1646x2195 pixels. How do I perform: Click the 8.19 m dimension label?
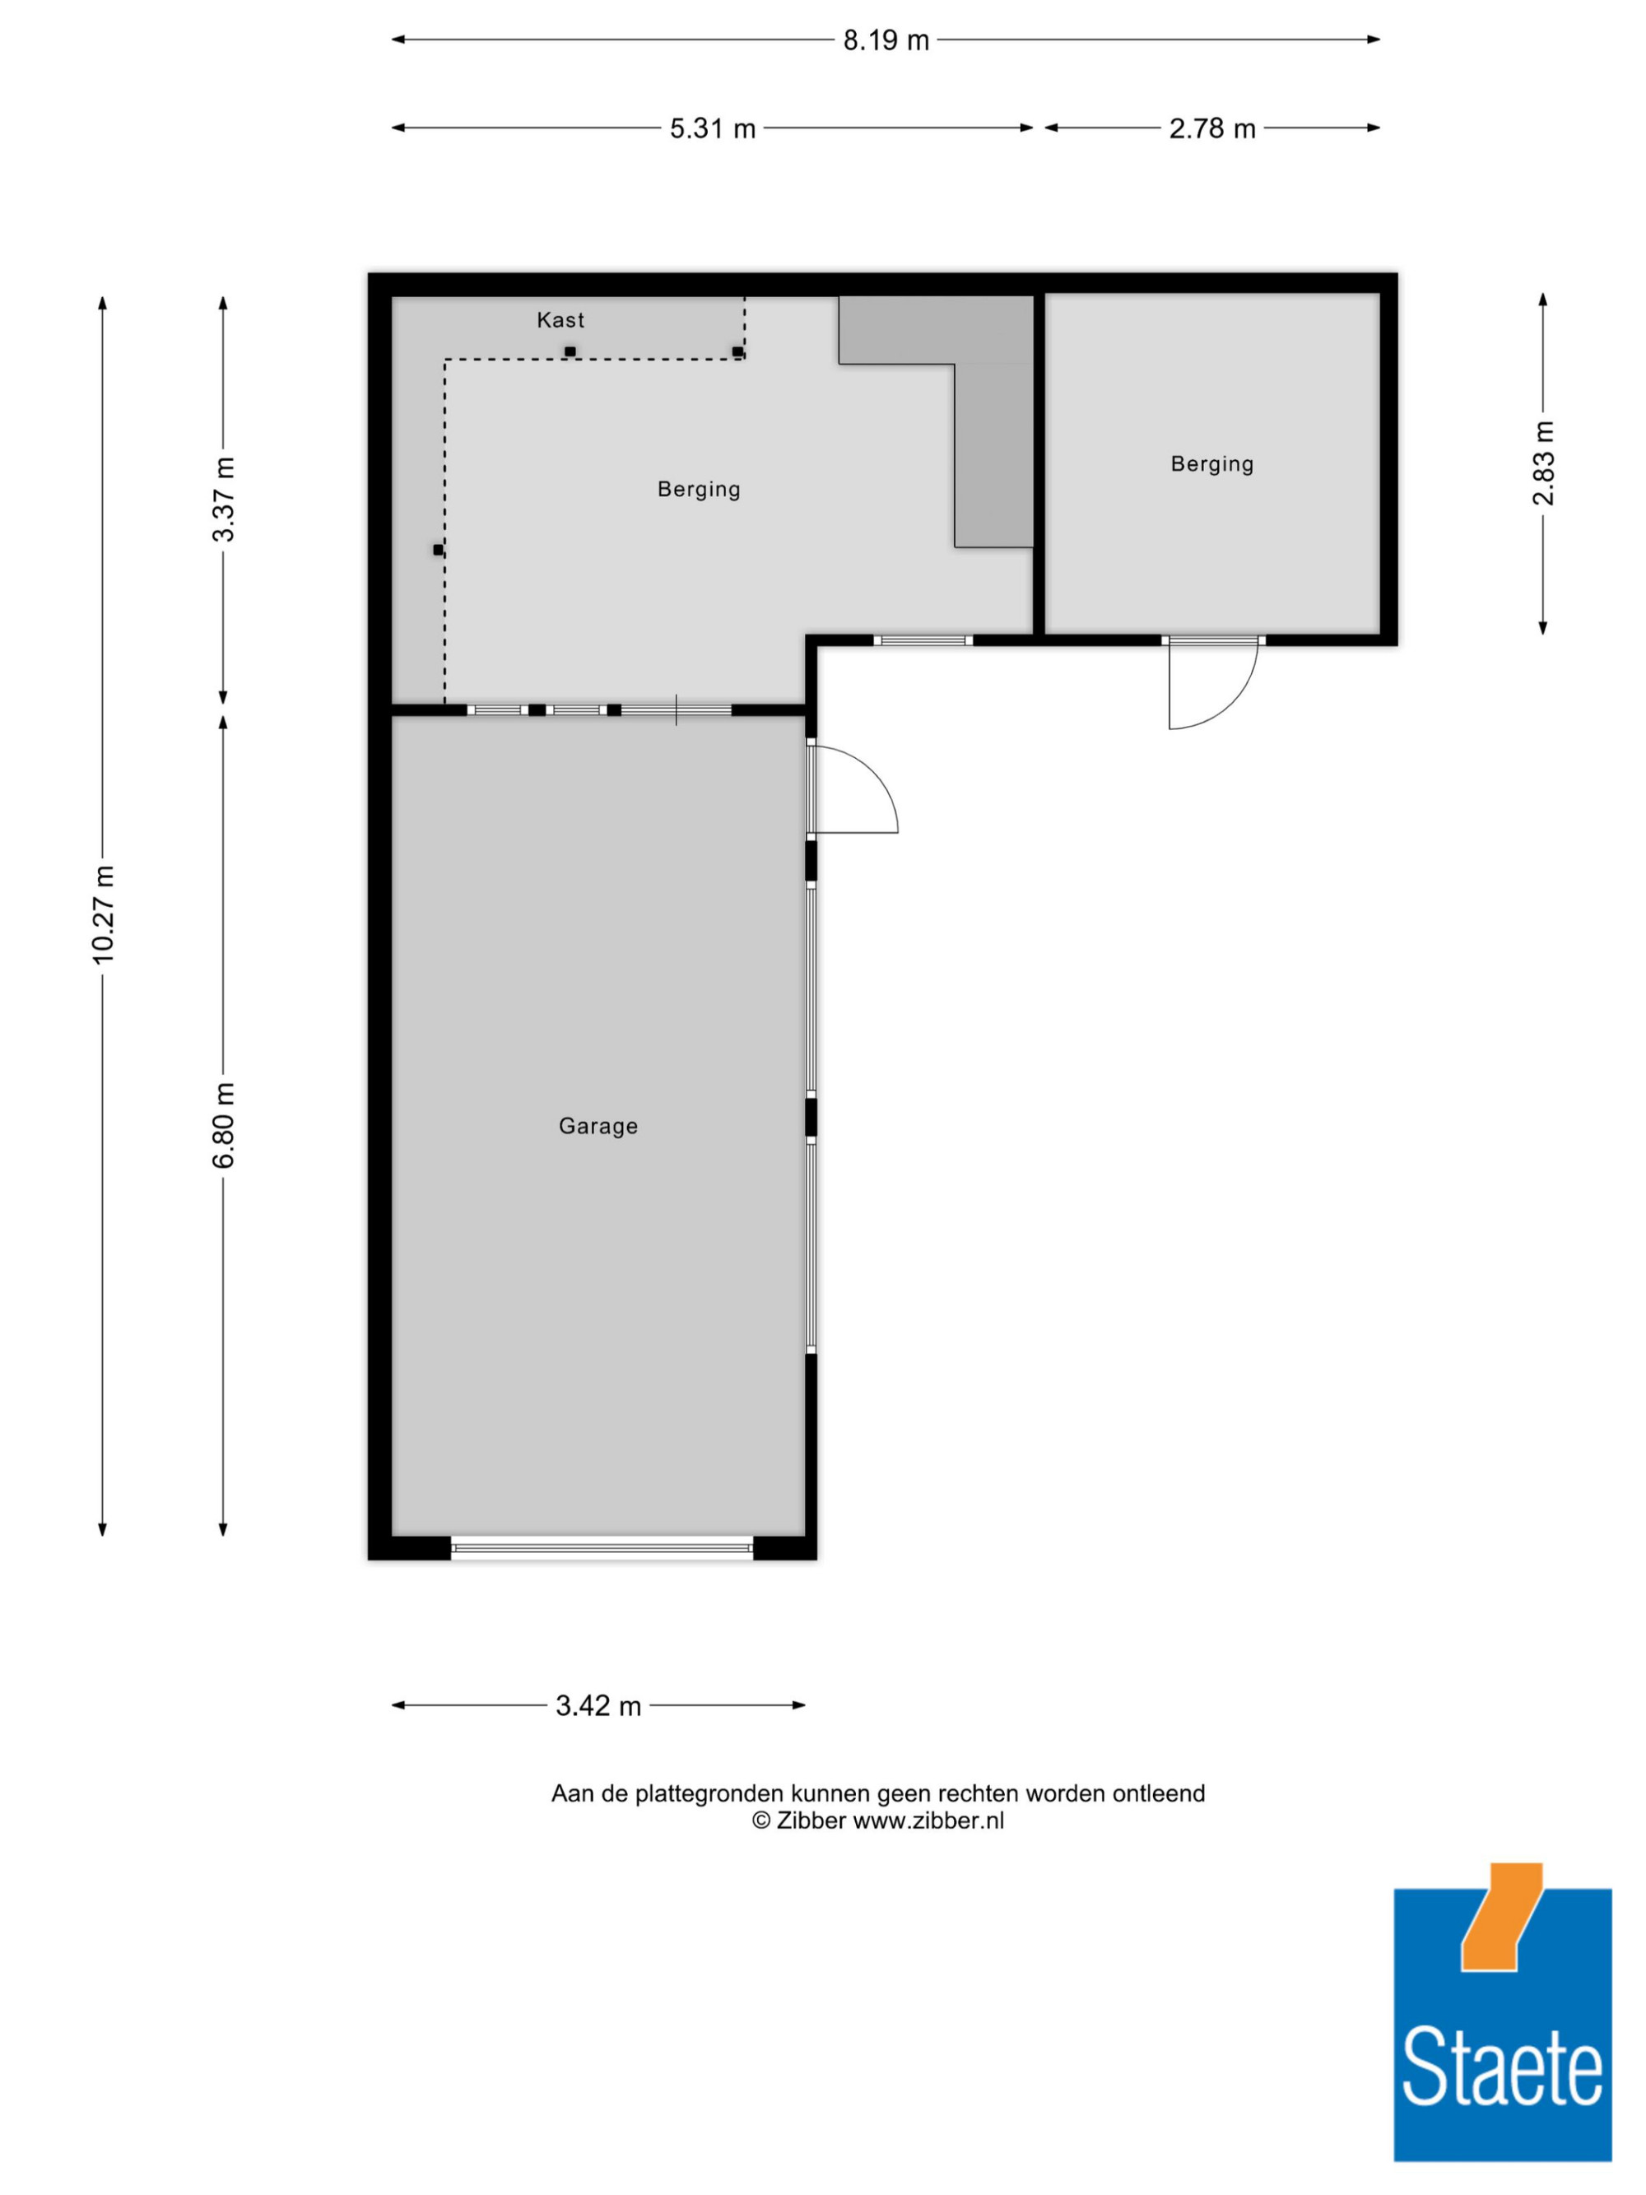[886, 40]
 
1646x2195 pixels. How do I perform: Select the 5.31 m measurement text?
[713, 129]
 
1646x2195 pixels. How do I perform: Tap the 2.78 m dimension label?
[1212, 129]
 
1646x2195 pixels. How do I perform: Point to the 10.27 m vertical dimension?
[103, 914]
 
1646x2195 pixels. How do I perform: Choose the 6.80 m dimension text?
[224, 1124]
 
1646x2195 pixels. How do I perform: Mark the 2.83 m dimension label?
[1544, 463]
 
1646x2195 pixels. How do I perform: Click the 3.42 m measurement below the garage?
[598, 1706]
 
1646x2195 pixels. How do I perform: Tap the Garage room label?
[598, 1126]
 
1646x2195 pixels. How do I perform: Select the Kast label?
[560, 319]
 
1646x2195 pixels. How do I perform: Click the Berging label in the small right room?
[1212, 464]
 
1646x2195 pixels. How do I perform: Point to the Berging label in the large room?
[700, 489]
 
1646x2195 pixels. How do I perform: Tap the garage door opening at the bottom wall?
[602, 1547]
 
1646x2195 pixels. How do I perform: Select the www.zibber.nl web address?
[928, 1821]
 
